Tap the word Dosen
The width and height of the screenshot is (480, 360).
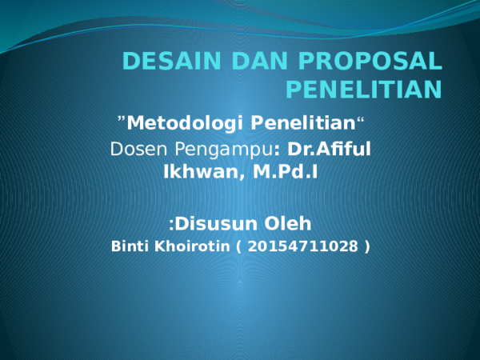135,149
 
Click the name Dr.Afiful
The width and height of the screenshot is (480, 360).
328,149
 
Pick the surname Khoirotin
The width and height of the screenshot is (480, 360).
187,246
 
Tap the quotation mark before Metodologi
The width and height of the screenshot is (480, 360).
121,120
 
